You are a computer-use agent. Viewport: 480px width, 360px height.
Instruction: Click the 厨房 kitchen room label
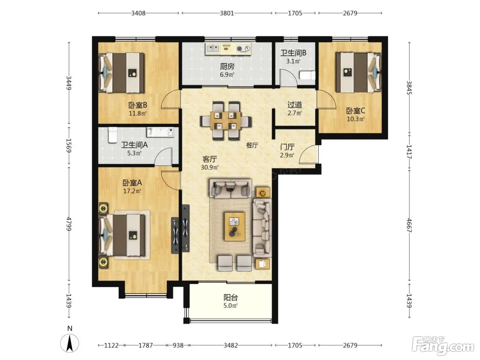coord(227,66)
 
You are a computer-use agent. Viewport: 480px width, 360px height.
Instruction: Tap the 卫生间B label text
coord(293,53)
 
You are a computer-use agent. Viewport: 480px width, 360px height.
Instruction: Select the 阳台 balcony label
coord(230,298)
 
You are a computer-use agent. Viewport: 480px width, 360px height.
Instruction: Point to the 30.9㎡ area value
coord(210,167)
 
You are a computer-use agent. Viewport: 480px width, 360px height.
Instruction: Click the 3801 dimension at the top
coord(227,13)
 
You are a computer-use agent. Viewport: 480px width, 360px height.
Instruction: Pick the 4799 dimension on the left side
coord(69,224)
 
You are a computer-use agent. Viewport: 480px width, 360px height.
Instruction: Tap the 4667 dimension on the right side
coord(409,225)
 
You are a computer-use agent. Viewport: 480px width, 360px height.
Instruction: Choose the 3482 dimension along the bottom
coord(231,345)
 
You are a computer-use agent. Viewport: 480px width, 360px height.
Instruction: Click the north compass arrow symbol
coord(70,344)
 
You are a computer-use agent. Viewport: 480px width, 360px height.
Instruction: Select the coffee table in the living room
coord(235,226)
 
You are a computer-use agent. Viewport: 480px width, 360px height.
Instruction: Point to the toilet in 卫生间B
coord(307,75)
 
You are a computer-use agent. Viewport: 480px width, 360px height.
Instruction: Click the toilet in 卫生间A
coord(112,135)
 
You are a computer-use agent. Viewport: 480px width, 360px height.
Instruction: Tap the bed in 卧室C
coord(359,72)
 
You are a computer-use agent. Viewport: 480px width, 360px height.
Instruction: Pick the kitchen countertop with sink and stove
coord(228,49)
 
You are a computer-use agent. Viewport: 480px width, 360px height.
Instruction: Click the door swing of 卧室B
coord(170,99)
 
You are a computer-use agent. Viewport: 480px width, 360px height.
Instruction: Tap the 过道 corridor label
coord(295,105)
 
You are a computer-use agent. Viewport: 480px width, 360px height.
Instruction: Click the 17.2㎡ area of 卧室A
coord(132,191)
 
